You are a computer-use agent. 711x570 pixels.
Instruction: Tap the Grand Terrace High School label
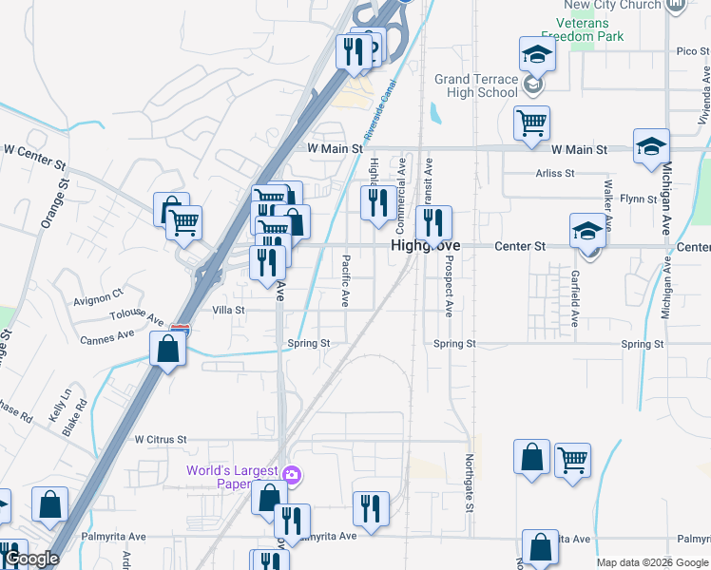(476, 86)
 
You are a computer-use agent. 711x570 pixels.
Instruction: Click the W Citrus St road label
(161, 440)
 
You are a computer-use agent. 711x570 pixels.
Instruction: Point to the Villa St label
(228, 310)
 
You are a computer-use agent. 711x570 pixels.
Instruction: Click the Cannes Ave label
(107, 338)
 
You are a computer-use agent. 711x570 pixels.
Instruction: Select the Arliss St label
(555, 174)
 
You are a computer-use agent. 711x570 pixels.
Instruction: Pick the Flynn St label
(638, 199)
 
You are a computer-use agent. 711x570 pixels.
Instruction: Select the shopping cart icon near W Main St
(531, 122)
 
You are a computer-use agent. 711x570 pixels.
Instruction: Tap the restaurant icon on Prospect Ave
(432, 223)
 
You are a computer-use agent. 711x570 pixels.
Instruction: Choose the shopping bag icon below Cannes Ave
(168, 350)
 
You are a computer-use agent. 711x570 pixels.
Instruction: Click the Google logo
(31, 560)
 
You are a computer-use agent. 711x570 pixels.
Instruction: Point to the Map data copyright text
(651, 562)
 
